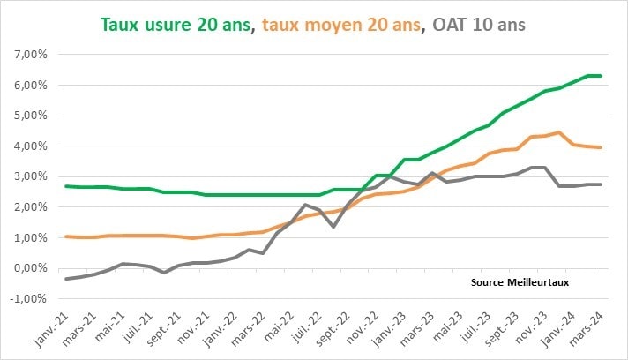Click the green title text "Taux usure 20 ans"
tap(175, 25)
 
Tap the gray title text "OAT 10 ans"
tap(477, 25)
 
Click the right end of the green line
tap(601, 76)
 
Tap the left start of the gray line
tap(66, 279)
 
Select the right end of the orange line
tap(601, 147)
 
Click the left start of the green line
tap(66, 186)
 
